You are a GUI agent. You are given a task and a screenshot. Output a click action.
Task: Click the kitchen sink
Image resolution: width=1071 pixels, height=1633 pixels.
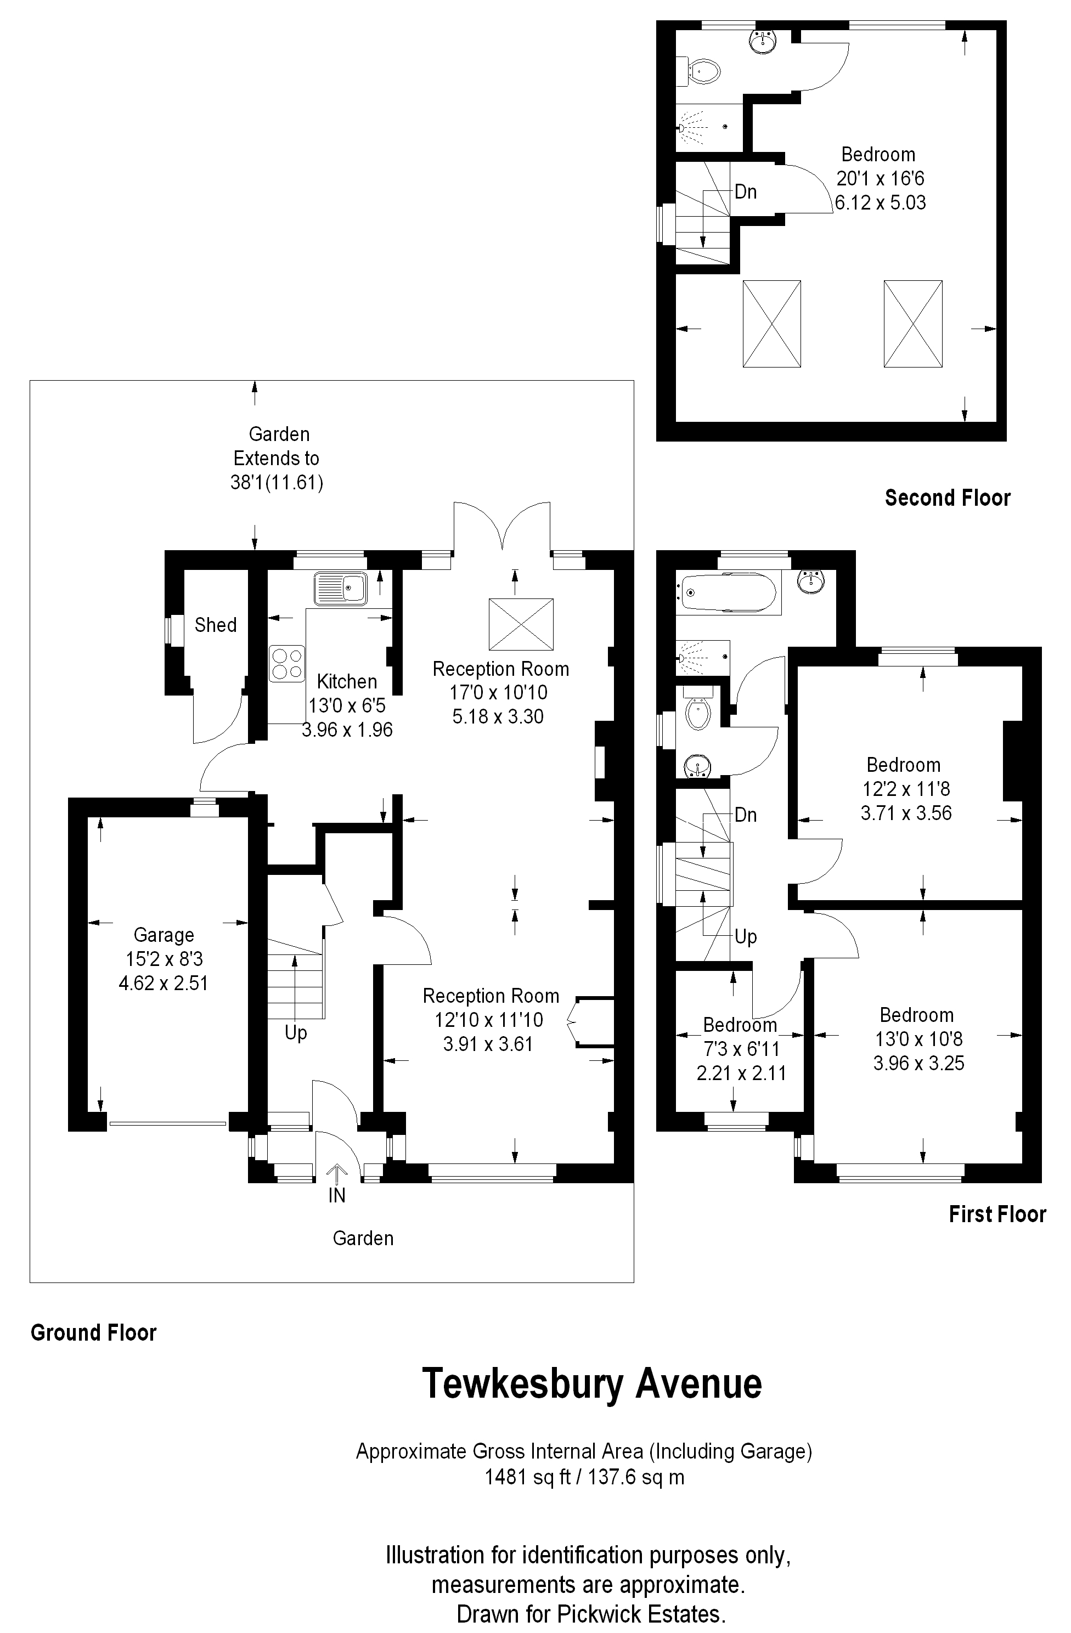point(341,588)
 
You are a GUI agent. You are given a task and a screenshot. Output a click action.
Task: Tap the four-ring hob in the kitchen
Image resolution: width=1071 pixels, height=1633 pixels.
point(287,664)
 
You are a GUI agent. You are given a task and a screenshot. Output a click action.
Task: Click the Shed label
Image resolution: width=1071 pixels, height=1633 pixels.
point(216,625)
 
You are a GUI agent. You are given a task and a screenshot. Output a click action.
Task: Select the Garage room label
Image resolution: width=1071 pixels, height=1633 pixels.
point(164,935)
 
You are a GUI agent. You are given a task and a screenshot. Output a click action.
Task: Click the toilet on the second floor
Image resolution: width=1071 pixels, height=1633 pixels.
point(699,71)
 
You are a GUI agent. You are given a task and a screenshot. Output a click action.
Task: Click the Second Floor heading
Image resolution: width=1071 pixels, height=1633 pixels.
point(948,498)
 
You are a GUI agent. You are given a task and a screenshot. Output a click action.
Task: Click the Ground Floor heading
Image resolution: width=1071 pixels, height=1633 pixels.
point(94,1332)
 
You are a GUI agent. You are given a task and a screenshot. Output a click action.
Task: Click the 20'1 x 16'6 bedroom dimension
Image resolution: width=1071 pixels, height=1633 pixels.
point(880,179)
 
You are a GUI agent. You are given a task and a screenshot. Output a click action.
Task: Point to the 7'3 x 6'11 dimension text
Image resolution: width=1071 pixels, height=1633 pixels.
point(742,1049)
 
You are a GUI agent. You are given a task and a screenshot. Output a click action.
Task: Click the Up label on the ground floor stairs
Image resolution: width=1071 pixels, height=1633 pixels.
point(296,1033)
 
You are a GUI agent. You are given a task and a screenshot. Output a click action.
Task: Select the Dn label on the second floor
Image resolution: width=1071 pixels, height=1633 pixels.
point(746,191)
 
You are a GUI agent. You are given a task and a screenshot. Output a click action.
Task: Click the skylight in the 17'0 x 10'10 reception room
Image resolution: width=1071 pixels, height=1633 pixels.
point(521,624)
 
